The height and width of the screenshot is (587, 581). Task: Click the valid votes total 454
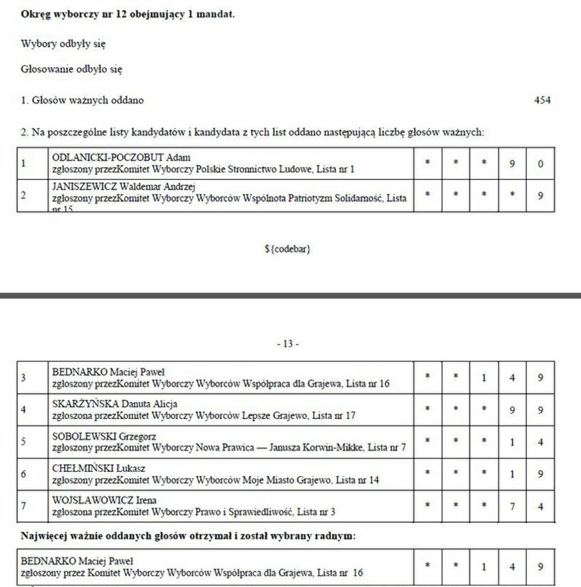tap(542, 100)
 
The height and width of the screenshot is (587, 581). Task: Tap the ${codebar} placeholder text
tap(288, 249)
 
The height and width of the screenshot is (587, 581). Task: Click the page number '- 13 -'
tap(288, 344)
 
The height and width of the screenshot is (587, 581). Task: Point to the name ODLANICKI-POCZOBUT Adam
tap(121, 158)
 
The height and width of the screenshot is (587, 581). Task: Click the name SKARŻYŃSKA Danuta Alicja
tap(115, 404)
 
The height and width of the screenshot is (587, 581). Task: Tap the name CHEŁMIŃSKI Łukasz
tap(99, 468)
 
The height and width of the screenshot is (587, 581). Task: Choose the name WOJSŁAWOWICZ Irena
tap(105, 500)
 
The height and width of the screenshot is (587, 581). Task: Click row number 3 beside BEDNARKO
tap(23, 378)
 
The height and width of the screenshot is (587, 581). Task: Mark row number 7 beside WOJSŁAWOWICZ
tap(23, 506)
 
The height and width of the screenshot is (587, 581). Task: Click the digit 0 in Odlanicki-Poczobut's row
tap(540, 164)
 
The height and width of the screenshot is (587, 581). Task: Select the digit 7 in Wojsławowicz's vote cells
tap(512, 506)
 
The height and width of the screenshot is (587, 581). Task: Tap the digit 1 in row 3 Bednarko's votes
tap(484, 378)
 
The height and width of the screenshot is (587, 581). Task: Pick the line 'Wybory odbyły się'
tap(63, 44)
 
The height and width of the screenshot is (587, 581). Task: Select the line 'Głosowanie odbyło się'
tap(72, 70)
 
